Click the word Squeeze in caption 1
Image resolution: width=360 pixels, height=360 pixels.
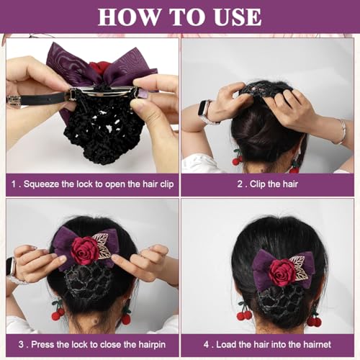click(x=45, y=184)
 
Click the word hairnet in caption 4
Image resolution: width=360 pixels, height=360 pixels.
click(x=312, y=344)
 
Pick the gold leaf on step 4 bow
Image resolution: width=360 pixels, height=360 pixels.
click(x=297, y=268)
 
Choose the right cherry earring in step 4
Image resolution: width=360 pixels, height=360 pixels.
click(x=314, y=319)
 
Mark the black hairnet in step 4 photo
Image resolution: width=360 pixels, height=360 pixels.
click(x=274, y=306)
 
